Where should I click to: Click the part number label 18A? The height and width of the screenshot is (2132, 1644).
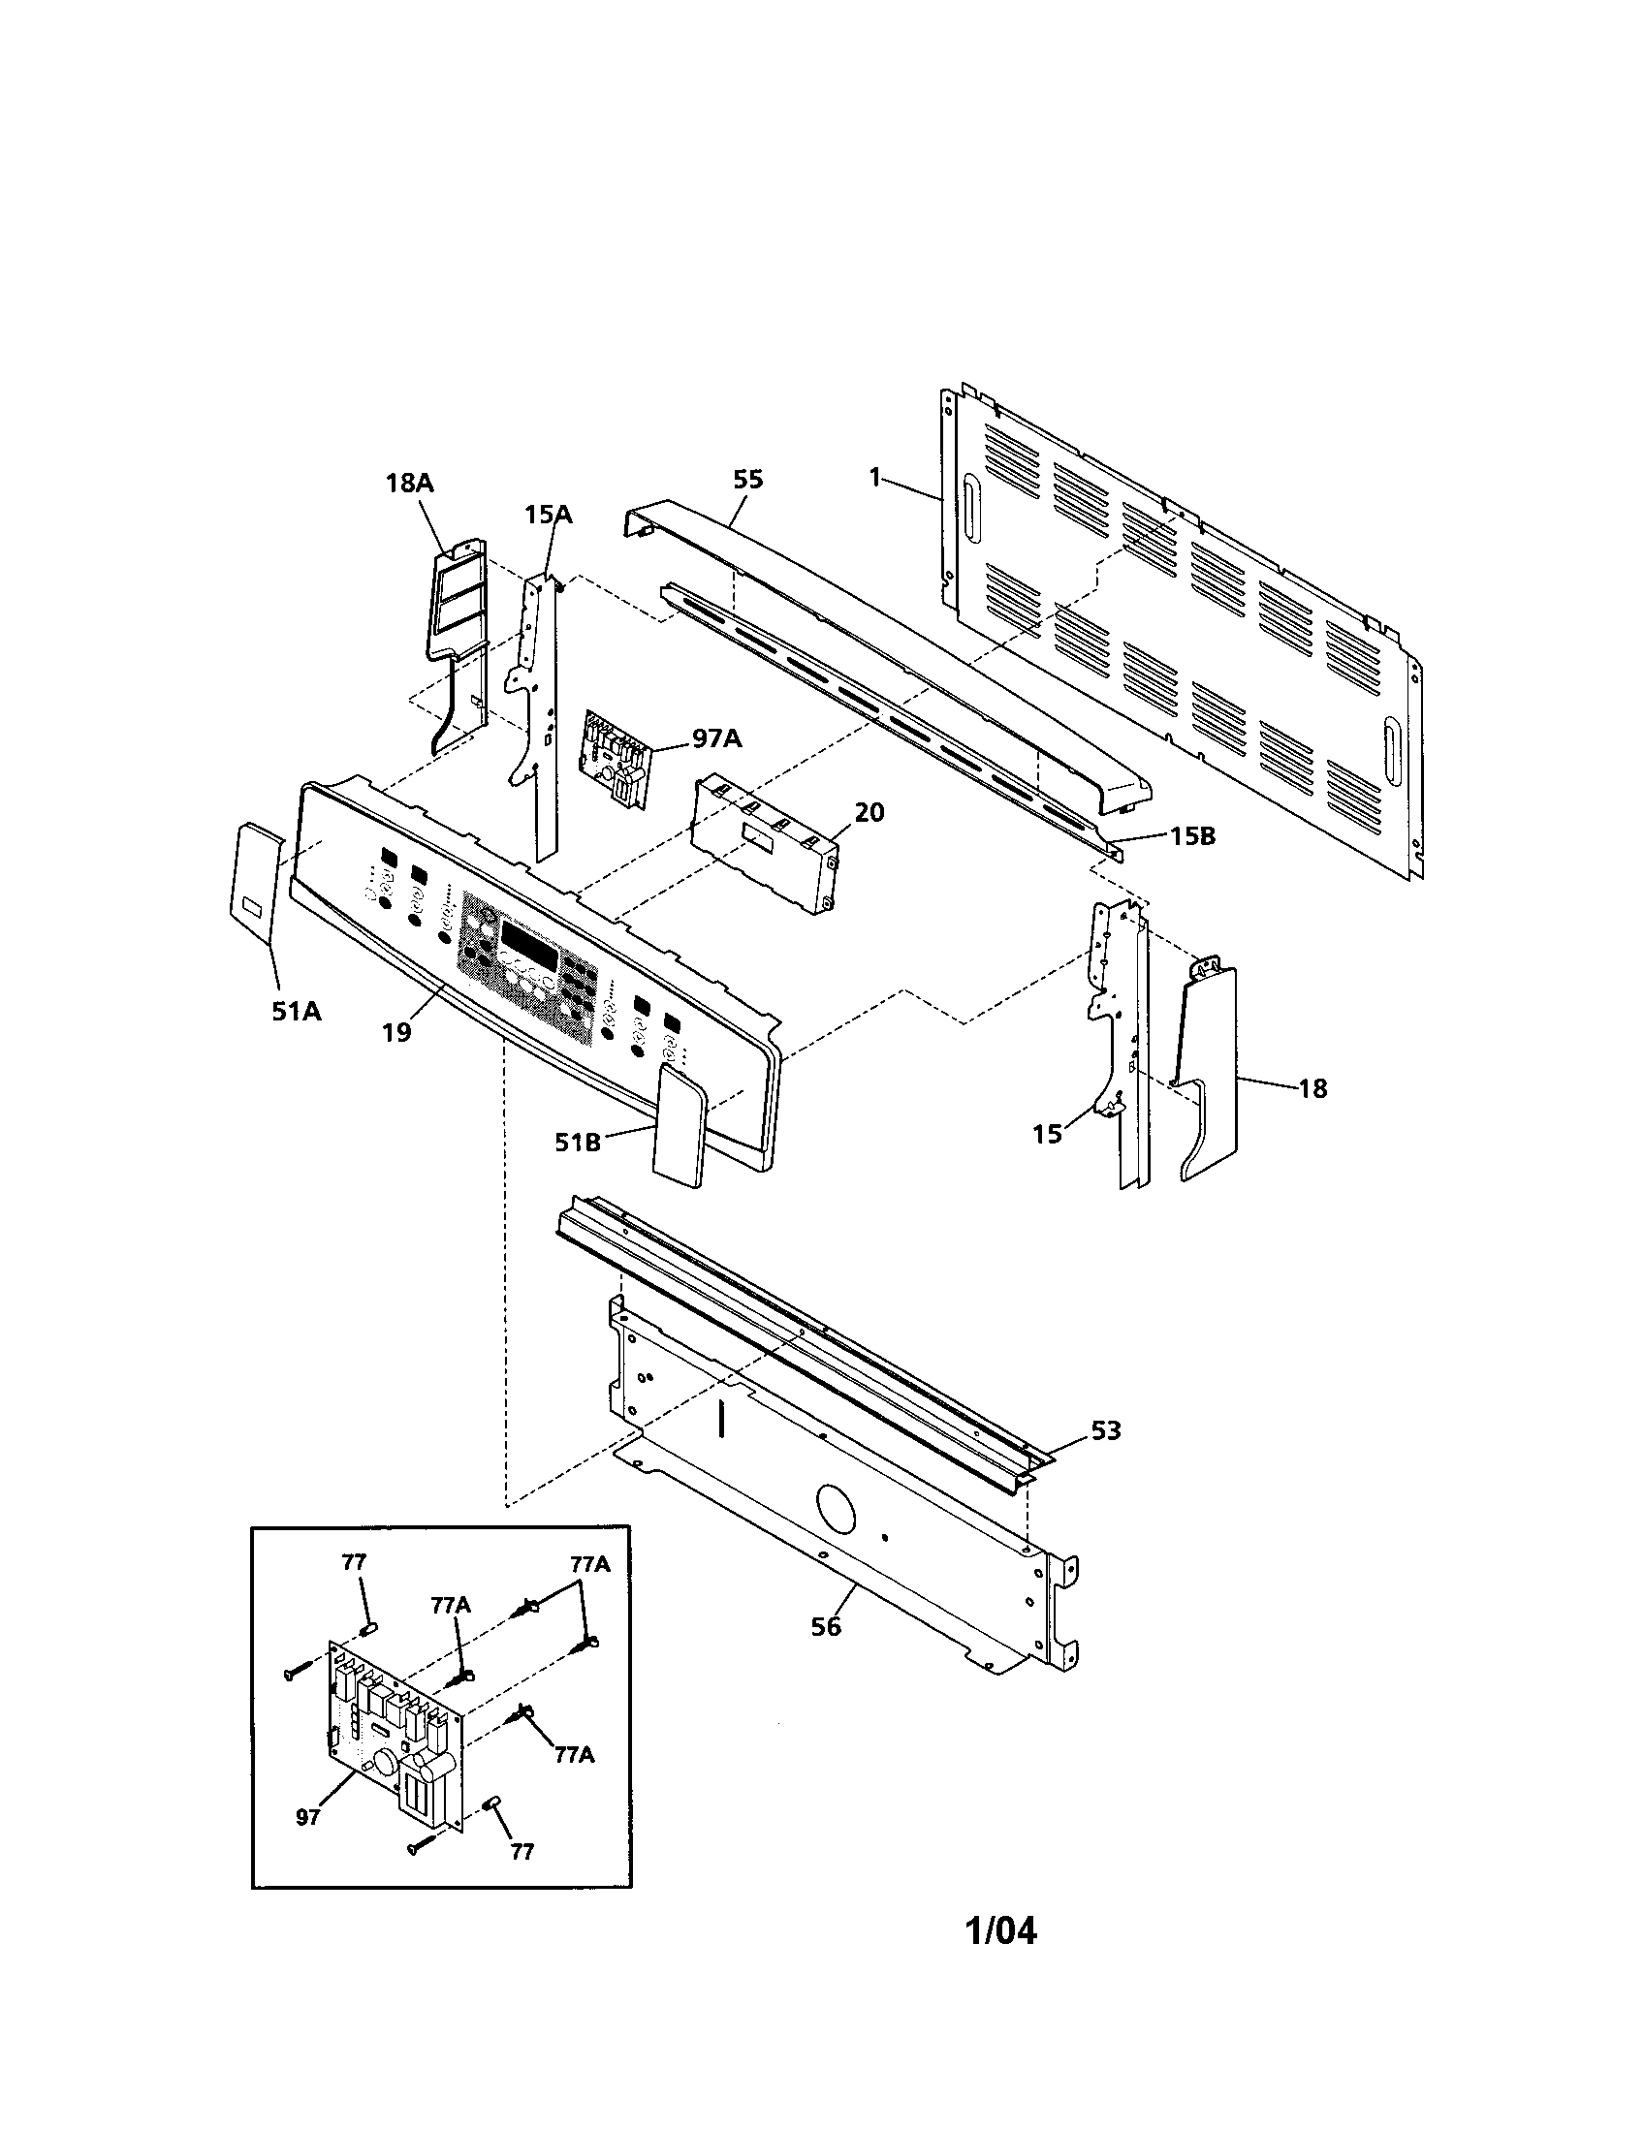click(410, 483)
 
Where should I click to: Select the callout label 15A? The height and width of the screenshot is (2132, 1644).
click(548, 515)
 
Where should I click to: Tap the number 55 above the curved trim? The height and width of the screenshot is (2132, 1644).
click(747, 480)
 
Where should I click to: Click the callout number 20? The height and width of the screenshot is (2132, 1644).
click(869, 812)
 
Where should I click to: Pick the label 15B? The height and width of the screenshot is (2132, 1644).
click(1193, 836)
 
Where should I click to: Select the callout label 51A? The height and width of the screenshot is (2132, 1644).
click(296, 1012)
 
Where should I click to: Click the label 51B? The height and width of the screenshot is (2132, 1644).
click(578, 1142)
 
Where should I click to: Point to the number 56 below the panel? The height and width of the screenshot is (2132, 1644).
click(826, 1626)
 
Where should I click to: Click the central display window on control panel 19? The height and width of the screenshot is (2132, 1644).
click(529, 939)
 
